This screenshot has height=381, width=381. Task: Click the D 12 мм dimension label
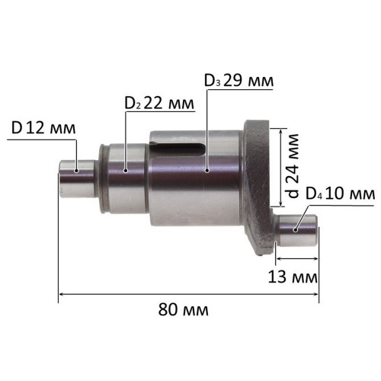click(x=43, y=128)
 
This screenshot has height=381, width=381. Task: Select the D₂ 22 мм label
click(x=159, y=103)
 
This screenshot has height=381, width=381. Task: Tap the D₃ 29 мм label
click(x=239, y=81)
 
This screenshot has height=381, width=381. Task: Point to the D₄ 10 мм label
click(x=340, y=194)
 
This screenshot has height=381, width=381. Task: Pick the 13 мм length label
click(x=293, y=277)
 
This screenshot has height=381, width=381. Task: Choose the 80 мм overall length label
click(x=184, y=309)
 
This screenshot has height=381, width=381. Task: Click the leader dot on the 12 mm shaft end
click(x=76, y=171)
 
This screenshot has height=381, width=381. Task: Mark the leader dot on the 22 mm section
click(x=125, y=171)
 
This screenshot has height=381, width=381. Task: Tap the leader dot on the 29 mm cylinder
click(x=207, y=171)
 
